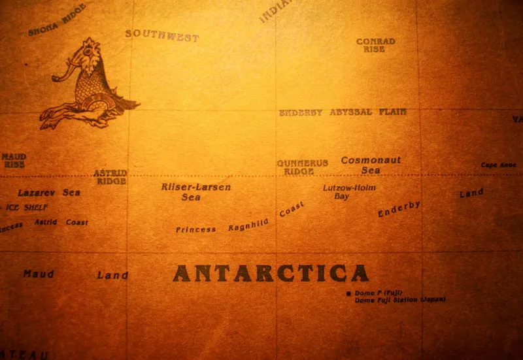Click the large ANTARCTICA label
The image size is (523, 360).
tap(270, 272)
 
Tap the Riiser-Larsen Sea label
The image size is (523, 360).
tap(195, 191)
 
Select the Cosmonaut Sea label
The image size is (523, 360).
tap(371, 165)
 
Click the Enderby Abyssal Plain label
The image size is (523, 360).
tap(342, 112)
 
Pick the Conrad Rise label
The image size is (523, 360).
tap(375, 45)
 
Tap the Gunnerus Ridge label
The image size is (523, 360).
tap(302, 167)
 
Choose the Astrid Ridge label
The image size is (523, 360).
tap(110, 177)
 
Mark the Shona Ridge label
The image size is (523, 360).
tap(56, 20)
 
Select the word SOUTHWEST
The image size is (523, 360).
tap(161, 35)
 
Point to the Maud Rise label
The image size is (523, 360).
tap(14, 161)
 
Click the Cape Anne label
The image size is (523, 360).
tap(498, 165)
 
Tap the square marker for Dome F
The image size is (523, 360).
tap(349, 294)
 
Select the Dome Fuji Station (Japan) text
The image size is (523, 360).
tap(399, 300)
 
